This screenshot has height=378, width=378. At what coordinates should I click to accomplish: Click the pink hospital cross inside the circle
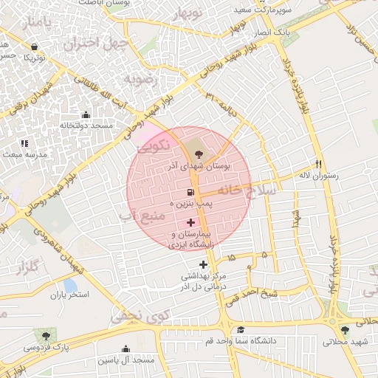tap(190, 222)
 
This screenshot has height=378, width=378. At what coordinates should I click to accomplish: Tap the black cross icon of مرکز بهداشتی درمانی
tap(203, 264)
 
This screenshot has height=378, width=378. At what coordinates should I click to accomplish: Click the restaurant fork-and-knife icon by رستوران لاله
tap(319, 163)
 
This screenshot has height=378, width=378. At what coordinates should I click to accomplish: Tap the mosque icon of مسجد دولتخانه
tap(86, 114)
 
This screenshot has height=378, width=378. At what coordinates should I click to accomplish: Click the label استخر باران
tap(69, 295)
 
